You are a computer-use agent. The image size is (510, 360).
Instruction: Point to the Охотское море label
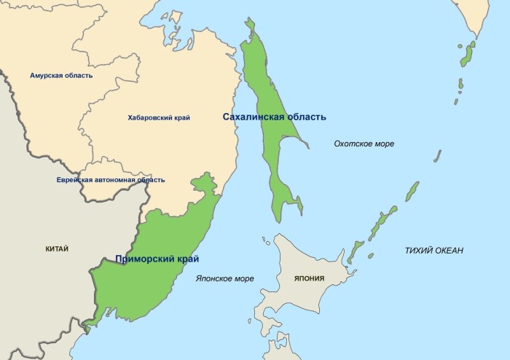(364, 144)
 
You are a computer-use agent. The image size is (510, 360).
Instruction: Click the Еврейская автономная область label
(111, 179)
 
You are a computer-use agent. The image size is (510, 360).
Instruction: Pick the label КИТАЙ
(56, 249)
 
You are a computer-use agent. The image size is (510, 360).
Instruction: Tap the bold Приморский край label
(157, 259)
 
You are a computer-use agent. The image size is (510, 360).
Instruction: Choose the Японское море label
(225, 278)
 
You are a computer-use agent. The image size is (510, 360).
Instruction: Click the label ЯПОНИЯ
(310, 278)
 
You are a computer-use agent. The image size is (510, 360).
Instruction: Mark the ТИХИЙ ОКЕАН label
(434, 251)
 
